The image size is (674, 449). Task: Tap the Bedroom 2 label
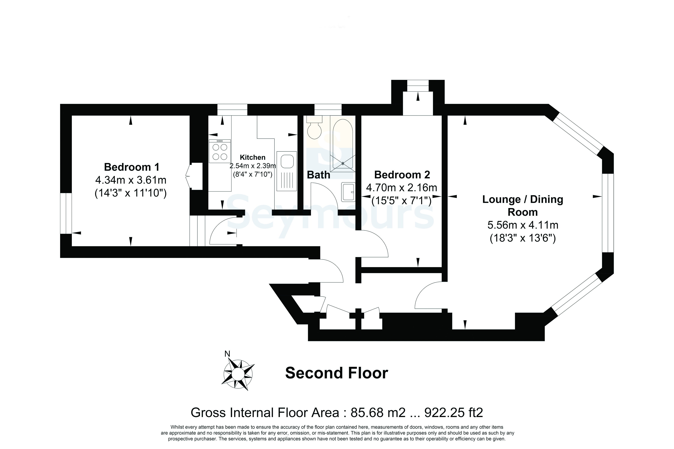pos(402,175)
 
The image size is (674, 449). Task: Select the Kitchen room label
pos(253,157)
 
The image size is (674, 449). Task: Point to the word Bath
pos(319,175)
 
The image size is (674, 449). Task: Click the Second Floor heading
pos(337,373)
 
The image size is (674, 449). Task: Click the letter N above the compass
pos(227,354)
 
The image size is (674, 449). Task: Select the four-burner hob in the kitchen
pos(220,151)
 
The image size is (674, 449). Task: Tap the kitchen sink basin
pos(287,161)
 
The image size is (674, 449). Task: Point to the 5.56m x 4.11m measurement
pos(523,225)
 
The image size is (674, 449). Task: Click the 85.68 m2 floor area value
pos(378,413)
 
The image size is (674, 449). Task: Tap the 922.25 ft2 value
pos(454,413)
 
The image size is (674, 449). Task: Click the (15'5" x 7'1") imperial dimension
pos(402,201)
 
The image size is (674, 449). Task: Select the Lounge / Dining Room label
pos(523,206)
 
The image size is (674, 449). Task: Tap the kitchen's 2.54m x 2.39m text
pos(253,166)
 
